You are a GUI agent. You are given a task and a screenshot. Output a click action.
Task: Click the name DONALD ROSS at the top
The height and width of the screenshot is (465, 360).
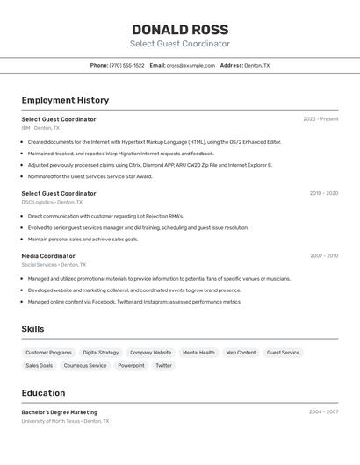click(x=180, y=30)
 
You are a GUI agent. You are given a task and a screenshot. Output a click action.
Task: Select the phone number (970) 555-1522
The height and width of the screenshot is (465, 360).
click(x=126, y=65)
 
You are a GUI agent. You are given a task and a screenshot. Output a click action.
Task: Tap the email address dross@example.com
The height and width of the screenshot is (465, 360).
click(x=191, y=65)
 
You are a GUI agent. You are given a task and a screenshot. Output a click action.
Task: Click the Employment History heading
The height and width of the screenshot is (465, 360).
click(x=65, y=100)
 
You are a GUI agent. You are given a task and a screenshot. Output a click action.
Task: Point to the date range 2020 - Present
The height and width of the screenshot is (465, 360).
click(x=320, y=119)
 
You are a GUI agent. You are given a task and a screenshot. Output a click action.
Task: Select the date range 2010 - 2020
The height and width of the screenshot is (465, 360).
click(x=323, y=193)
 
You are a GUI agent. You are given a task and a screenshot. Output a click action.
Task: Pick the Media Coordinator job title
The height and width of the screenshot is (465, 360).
click(x=48, y=256)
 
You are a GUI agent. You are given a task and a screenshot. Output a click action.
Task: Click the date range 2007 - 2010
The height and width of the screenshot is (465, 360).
click(x=323, y=256)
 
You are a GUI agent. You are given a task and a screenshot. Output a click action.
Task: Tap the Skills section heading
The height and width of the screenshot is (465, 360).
click(x=33, y=329)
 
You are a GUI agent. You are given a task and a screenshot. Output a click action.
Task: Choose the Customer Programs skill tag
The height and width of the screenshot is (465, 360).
click(x=49, y=353)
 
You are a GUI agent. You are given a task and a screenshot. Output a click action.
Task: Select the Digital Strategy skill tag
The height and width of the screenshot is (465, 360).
click(x=101, y=353)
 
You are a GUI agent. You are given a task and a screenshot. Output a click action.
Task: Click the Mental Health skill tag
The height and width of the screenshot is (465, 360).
click(x=198, y=353)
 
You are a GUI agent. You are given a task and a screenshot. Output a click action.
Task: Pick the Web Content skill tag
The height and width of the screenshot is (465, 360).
click(x=241, y=353)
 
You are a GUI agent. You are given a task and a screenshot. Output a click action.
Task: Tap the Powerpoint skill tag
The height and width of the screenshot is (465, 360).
click(x=131, y=366)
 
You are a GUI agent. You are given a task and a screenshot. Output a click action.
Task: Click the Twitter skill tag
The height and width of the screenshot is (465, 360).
click(x=164, y=366)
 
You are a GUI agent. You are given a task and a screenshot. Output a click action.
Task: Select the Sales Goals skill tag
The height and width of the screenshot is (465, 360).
click(x=39, y=366)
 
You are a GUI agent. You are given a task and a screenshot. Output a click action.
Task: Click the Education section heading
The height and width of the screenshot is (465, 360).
click(x=43, y=393)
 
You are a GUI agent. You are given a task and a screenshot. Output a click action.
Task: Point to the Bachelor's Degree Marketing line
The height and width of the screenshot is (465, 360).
click(x=60, y=412)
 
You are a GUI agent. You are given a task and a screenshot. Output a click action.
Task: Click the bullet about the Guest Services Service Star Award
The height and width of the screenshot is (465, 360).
click(x=90, y=176)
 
